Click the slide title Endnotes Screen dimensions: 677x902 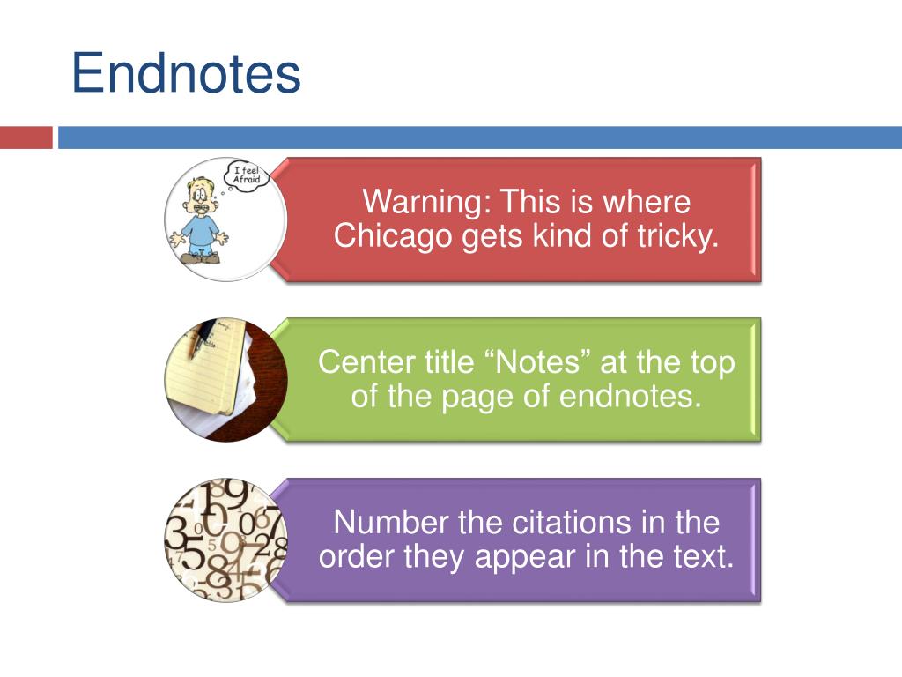point(186,74)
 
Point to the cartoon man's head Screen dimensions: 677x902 point(203,193)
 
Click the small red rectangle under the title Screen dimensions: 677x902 point(26,138)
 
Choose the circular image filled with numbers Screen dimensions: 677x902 point(225,539)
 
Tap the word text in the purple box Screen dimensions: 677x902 point(706,556)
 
